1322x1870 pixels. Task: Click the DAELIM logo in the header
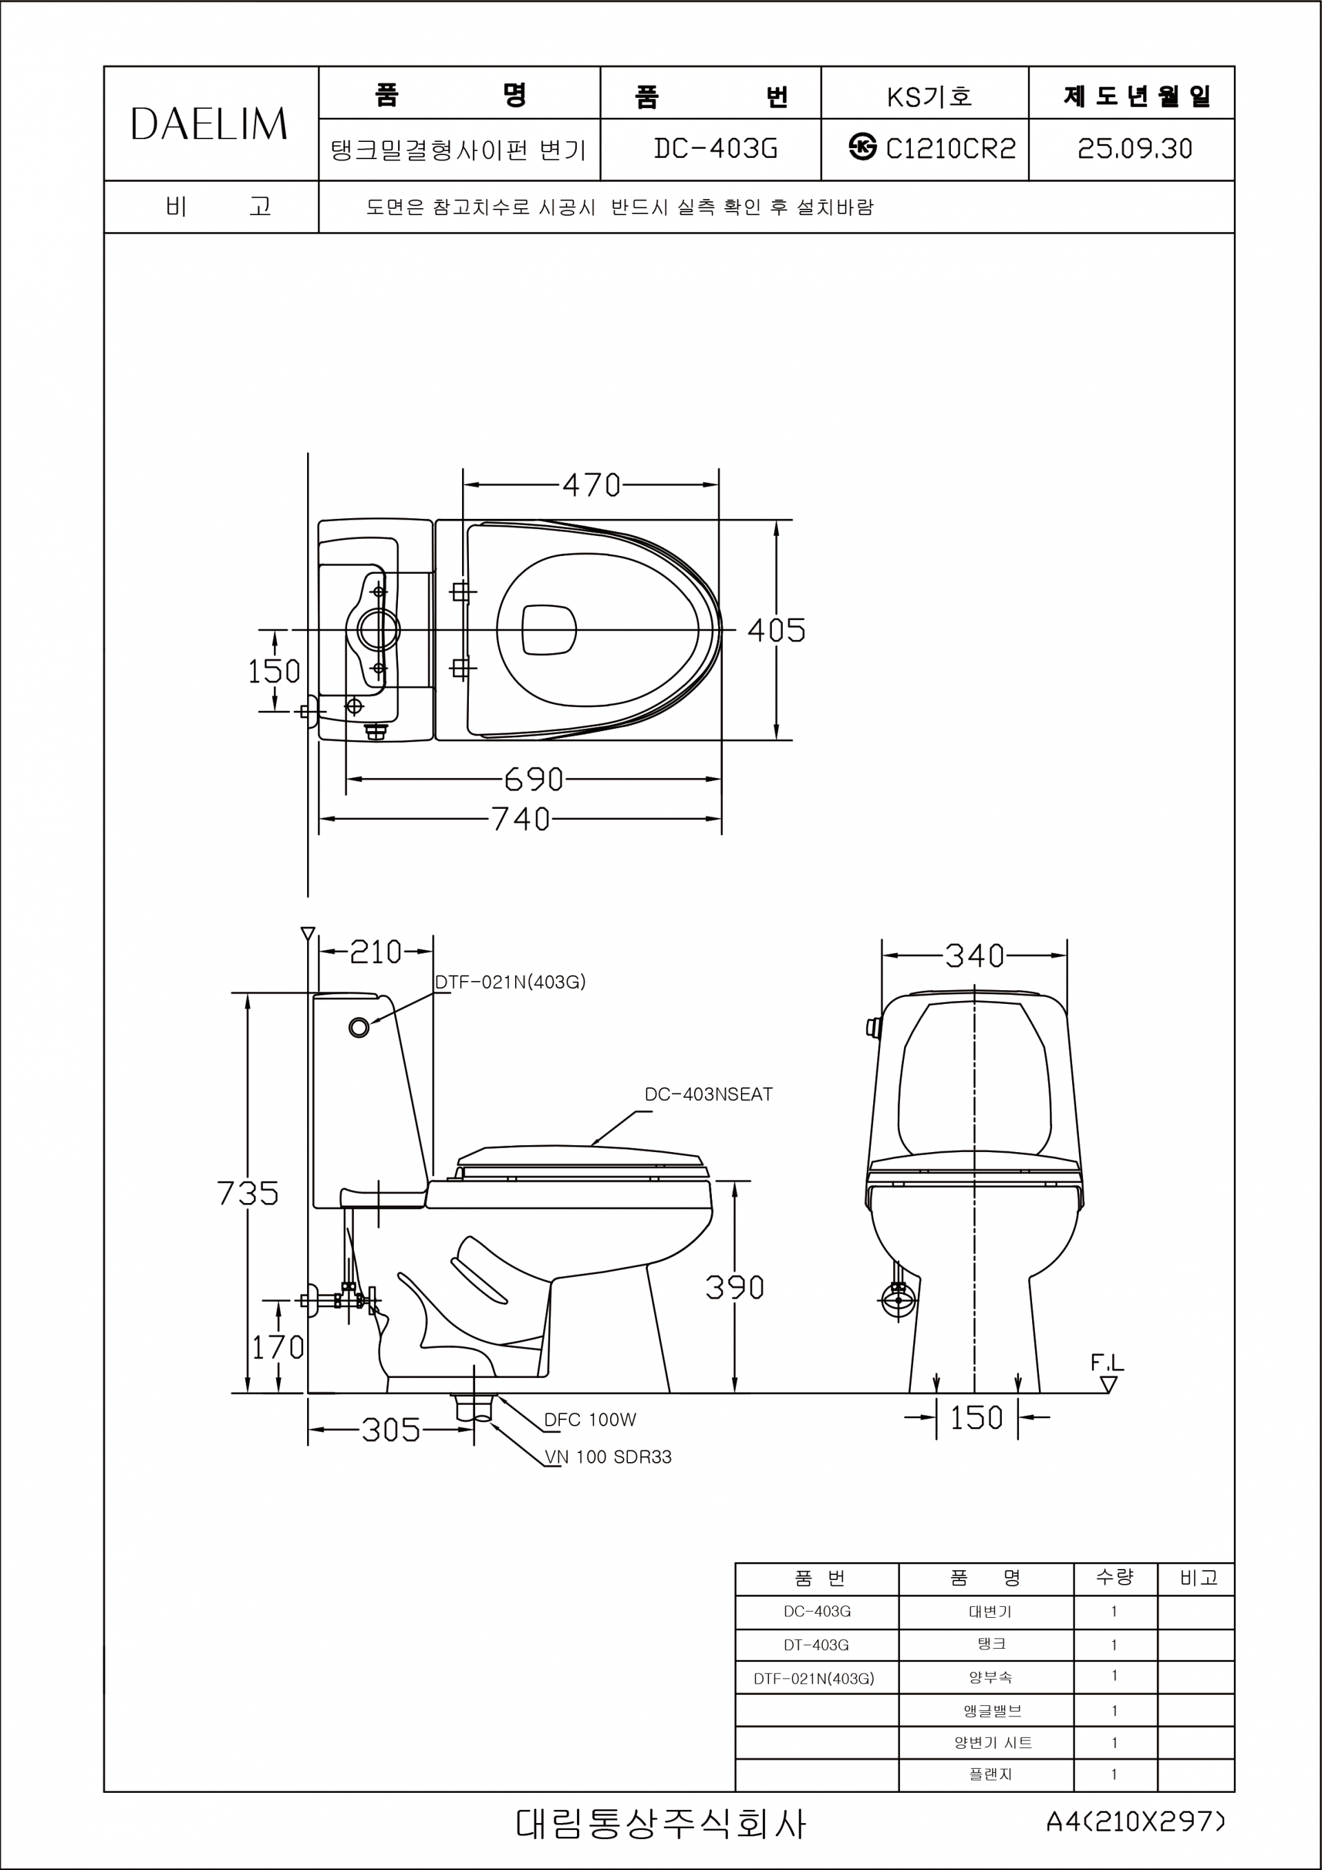click(209, 124)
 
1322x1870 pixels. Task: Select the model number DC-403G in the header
click(716, 148)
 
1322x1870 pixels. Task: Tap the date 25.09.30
click(1135, 148)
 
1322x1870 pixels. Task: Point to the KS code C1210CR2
click(951, 148)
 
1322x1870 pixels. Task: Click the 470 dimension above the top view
click(592, 486)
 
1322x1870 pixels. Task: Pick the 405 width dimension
click(777, 630)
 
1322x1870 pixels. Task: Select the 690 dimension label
click(534, 779)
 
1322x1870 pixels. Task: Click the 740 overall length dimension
click(521, 819)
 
